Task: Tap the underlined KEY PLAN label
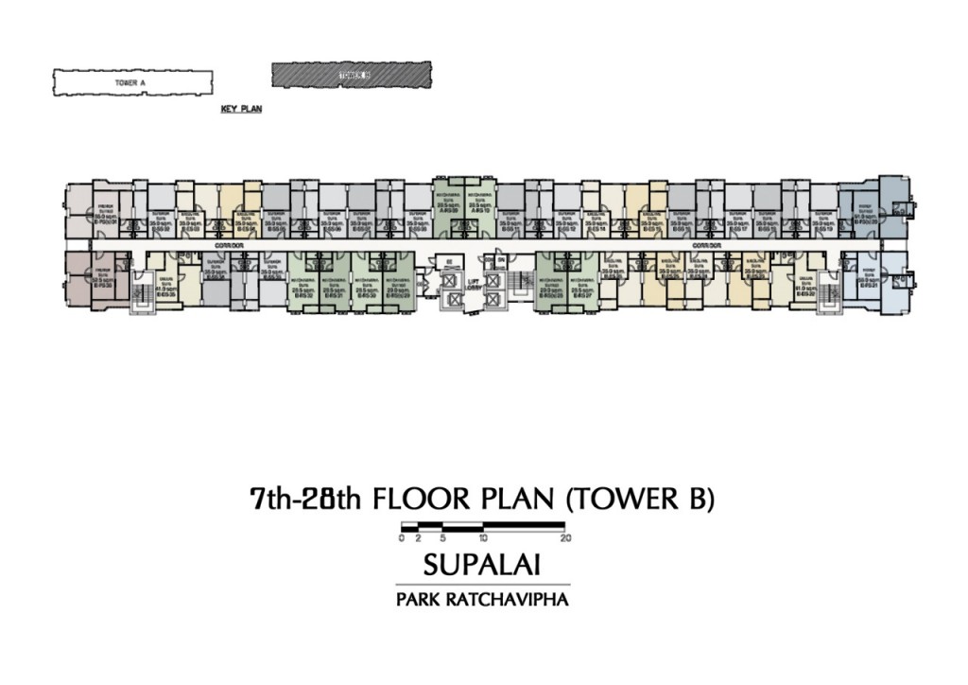click(x=241, y=110)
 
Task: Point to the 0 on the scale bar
click(x=402, y=537)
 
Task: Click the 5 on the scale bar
click(x=442, y=537)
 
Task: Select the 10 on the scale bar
click(x=483, y=537)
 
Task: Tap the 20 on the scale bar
click(x=564, y=537)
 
